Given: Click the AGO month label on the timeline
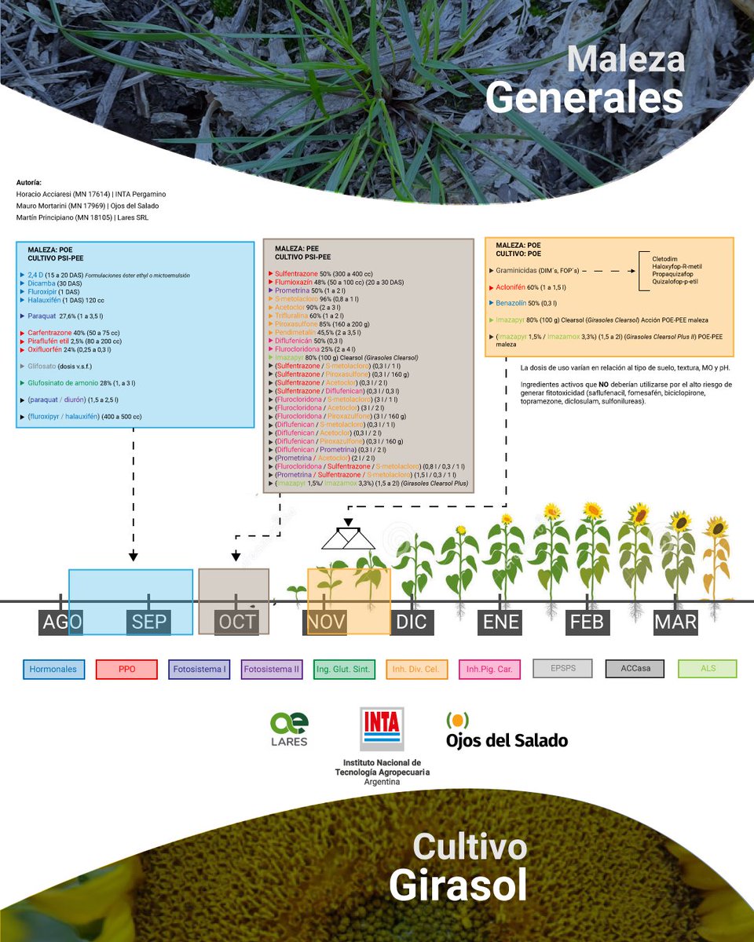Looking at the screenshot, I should (61, 623).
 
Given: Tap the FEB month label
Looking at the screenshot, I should (587, 623).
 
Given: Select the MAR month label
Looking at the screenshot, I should (675, 623).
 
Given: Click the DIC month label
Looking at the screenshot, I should (412, 623).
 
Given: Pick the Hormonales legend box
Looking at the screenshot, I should (53, 669).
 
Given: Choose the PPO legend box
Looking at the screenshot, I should (126, 669).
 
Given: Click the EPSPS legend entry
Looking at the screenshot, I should (563, 669).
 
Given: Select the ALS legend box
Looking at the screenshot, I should (708, 669).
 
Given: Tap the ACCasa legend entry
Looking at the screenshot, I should (635, 669).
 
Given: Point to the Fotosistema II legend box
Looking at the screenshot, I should (272, 669).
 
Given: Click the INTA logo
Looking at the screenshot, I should (381, 729).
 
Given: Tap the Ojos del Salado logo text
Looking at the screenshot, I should (506, 740).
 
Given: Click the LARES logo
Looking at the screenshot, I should (289, 729).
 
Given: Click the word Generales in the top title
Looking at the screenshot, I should (584, 99).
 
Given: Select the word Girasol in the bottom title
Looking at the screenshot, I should (458, 885).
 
